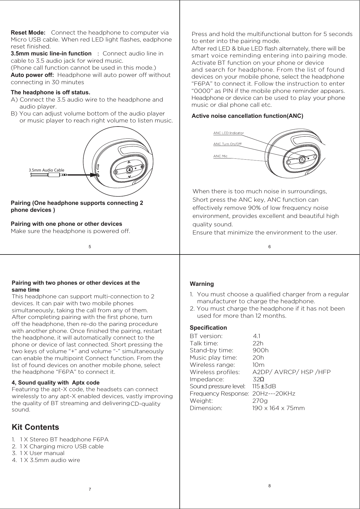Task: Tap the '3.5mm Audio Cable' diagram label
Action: [x=46, y=170]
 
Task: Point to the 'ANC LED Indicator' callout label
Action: [x=228, y=133]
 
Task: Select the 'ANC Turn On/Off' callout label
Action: [x=227, y=144]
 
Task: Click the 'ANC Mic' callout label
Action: [x=220, y=156]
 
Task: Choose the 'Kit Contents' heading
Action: [x=35, y=427]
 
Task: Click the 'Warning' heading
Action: [x=201, y=284]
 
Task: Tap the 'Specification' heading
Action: [x=208, y=328]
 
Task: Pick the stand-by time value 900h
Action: [x=260, y=351]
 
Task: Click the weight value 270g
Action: [x=260, y=401]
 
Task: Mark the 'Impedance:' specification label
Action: [x=206, y=379]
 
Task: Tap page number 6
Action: [x=269, y=247]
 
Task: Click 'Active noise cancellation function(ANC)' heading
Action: [x=247, y=116]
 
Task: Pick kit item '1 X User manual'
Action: [x=42, y=453]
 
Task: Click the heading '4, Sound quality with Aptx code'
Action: [x=55, y=382]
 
